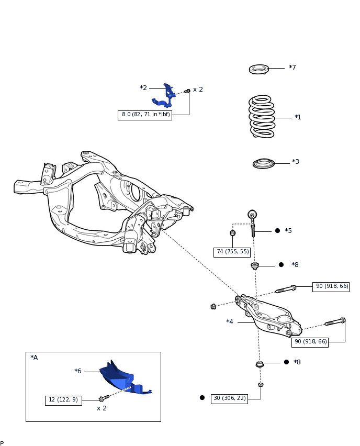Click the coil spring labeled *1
click(262, 117)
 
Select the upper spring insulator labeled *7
click(259, 69)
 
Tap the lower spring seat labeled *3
click(264, 164)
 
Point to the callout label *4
click(230, 322)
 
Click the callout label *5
click(288, 231)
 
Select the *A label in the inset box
click(34, 358)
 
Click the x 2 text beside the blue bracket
click(198, 90)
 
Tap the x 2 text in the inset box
click(102, 408)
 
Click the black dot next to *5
click(277, 231)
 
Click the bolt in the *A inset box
click(104, 398)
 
